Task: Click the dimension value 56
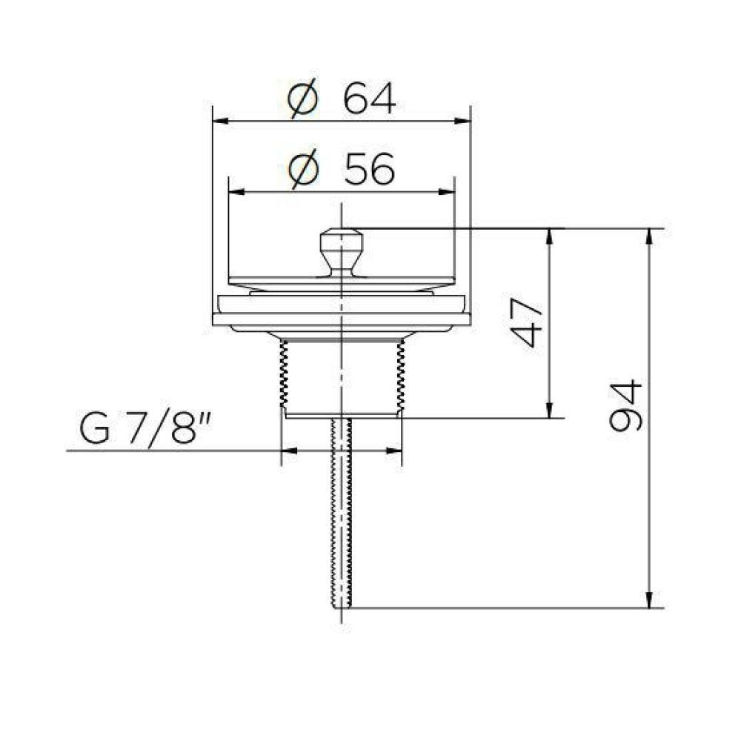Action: pyautogui.click(x=369, y=171)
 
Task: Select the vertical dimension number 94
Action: pyautogui.click(x=626, y=406)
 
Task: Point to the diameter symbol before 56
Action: pyautogui.click(x=305, y=171)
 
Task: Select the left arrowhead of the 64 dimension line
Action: pyautogui.click(x=219, y=120)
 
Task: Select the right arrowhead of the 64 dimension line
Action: pyautogui.click(x=465, y=120)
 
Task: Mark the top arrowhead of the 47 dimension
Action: pyautogui.click(x=549, y=235)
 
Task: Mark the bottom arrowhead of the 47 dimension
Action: pyautogui.click(x=549, y=411)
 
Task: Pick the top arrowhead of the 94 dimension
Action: pyautogui.click(x=649, y=235)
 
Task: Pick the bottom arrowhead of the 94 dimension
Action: pyautogui.click(x=649, y=601)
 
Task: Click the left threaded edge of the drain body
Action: pyautogui.click(x=282, y=374)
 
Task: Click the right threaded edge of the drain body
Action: pyautogui.click(x=401, y=374)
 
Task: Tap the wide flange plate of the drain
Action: pyautogui.click(x=341, y=319)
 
